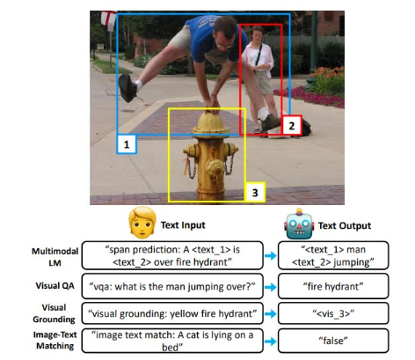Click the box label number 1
pyautogui.click(x=127, y=144)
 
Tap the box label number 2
pyautogui.click(x=292, y=126)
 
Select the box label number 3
pyautogui.click(x=255, y=193)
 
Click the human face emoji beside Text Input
pyautogui.click(x=142, y=223)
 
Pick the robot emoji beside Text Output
pyautogui.click(x=299, y=224)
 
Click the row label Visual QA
pyautogui.click(x=55, y=286)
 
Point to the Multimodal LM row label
pyautogui.click(x=55, y=257)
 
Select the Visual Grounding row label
pyautogui.click(x=54, y=313)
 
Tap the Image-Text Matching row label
pyautogui.click(x=55, y=341)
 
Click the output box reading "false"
pyautogui.click(x=333, y=341)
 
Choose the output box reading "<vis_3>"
pyautogui.click(x=333, y=313)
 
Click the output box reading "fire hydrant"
pyautogui.click(x=333, y=286)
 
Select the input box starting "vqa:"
pyautogui.click(x=172, y=286)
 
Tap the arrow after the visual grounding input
pyautogui.click(x=270, y=313)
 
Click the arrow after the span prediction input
pyautogui.click(x=270, y=255)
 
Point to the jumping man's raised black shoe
pyautogui.click(x=127, y=88)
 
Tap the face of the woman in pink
pyautogui.click(x=257, y=34)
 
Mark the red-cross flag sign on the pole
pyautogui.click(x=108, y=18)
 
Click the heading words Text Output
pyautogui.click(x=345, y=225)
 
